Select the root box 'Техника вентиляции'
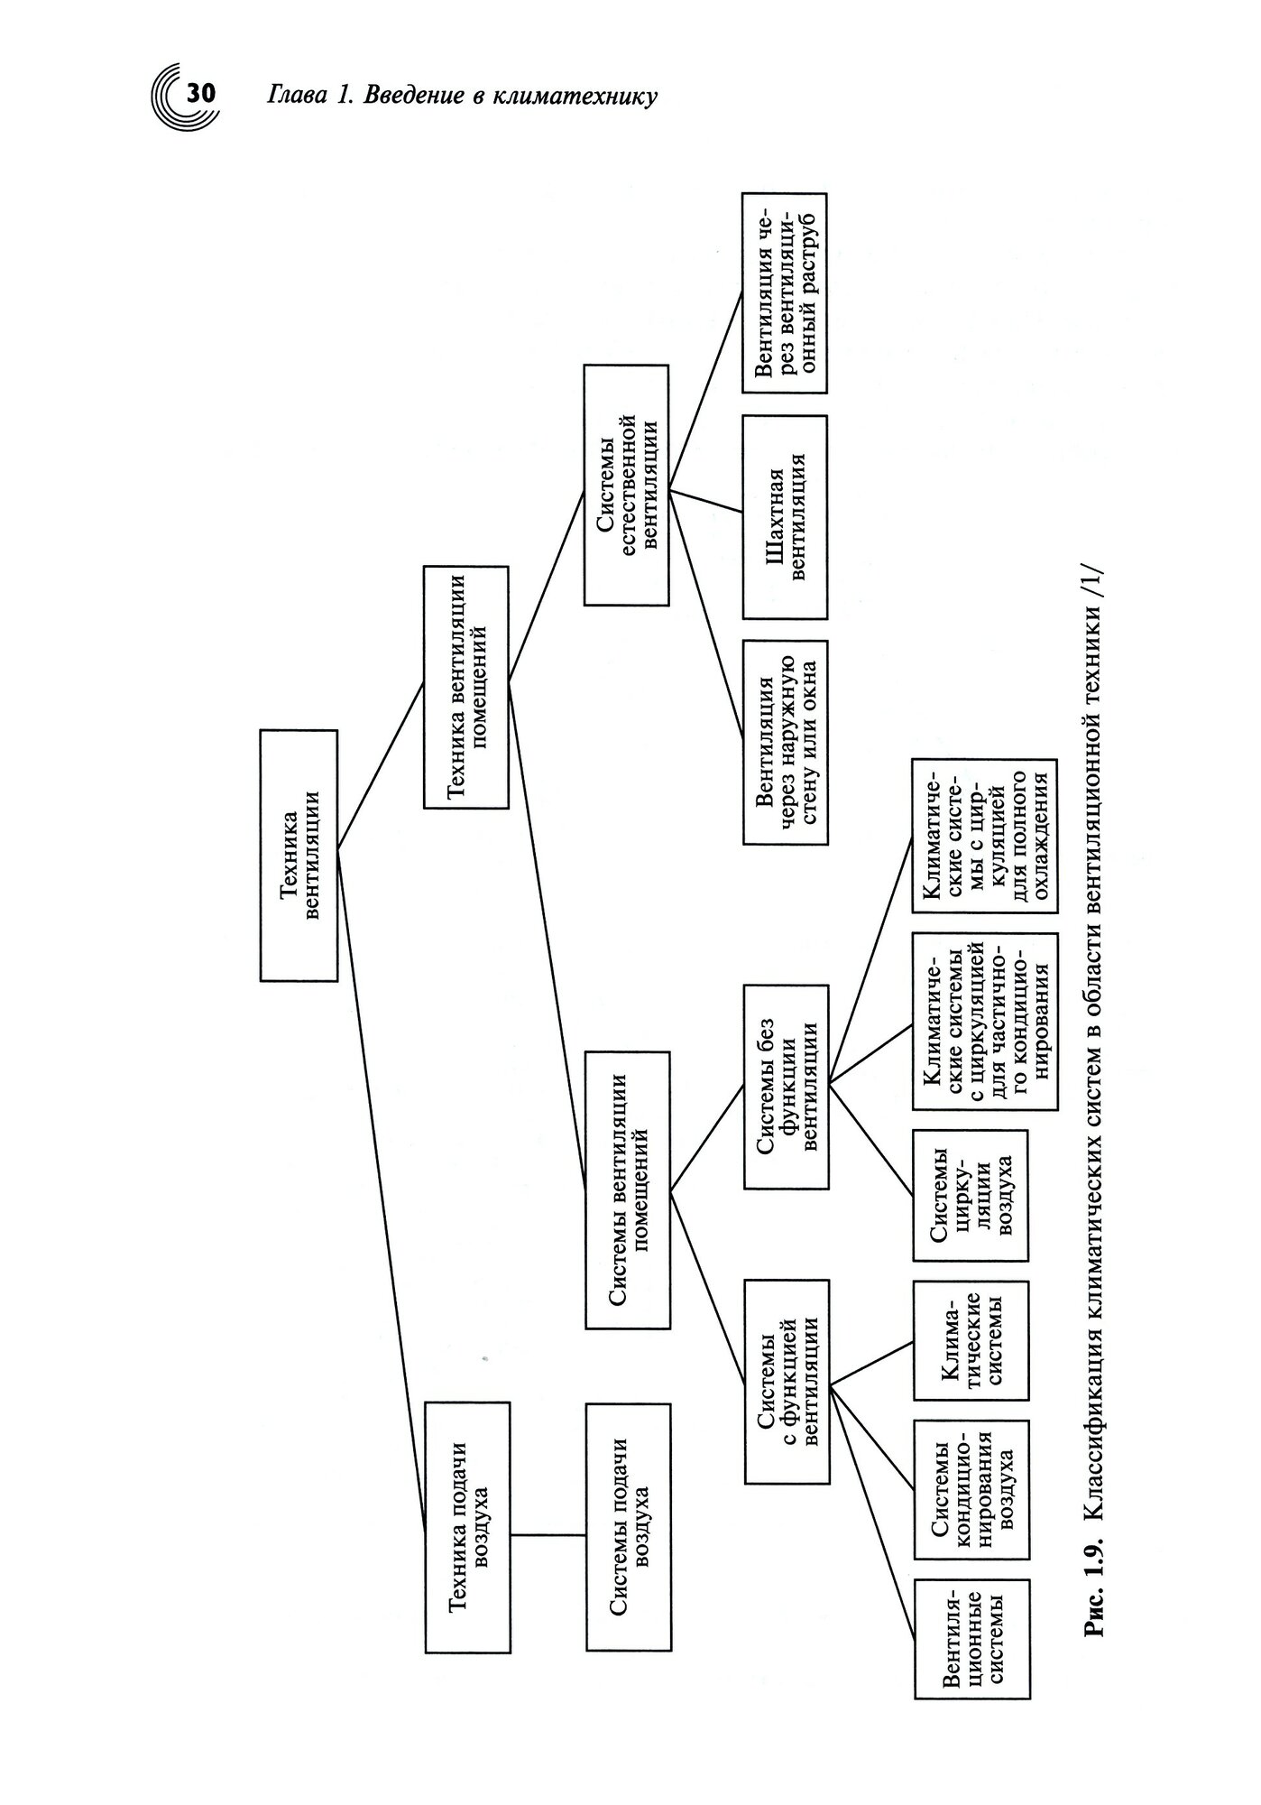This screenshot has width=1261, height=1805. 299,855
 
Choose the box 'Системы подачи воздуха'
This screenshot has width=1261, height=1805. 628,1527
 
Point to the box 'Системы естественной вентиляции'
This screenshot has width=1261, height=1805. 626,485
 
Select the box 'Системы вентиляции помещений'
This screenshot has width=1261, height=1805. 628,1189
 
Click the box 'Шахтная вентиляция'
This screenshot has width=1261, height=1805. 785,516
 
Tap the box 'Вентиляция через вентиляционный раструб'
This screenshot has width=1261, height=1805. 785,293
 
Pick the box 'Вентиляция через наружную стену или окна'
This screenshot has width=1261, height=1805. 785,742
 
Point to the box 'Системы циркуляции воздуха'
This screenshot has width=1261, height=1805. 971,1195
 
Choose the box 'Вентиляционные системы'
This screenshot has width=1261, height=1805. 971,1639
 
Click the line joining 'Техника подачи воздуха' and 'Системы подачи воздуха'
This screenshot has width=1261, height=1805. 548,1534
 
